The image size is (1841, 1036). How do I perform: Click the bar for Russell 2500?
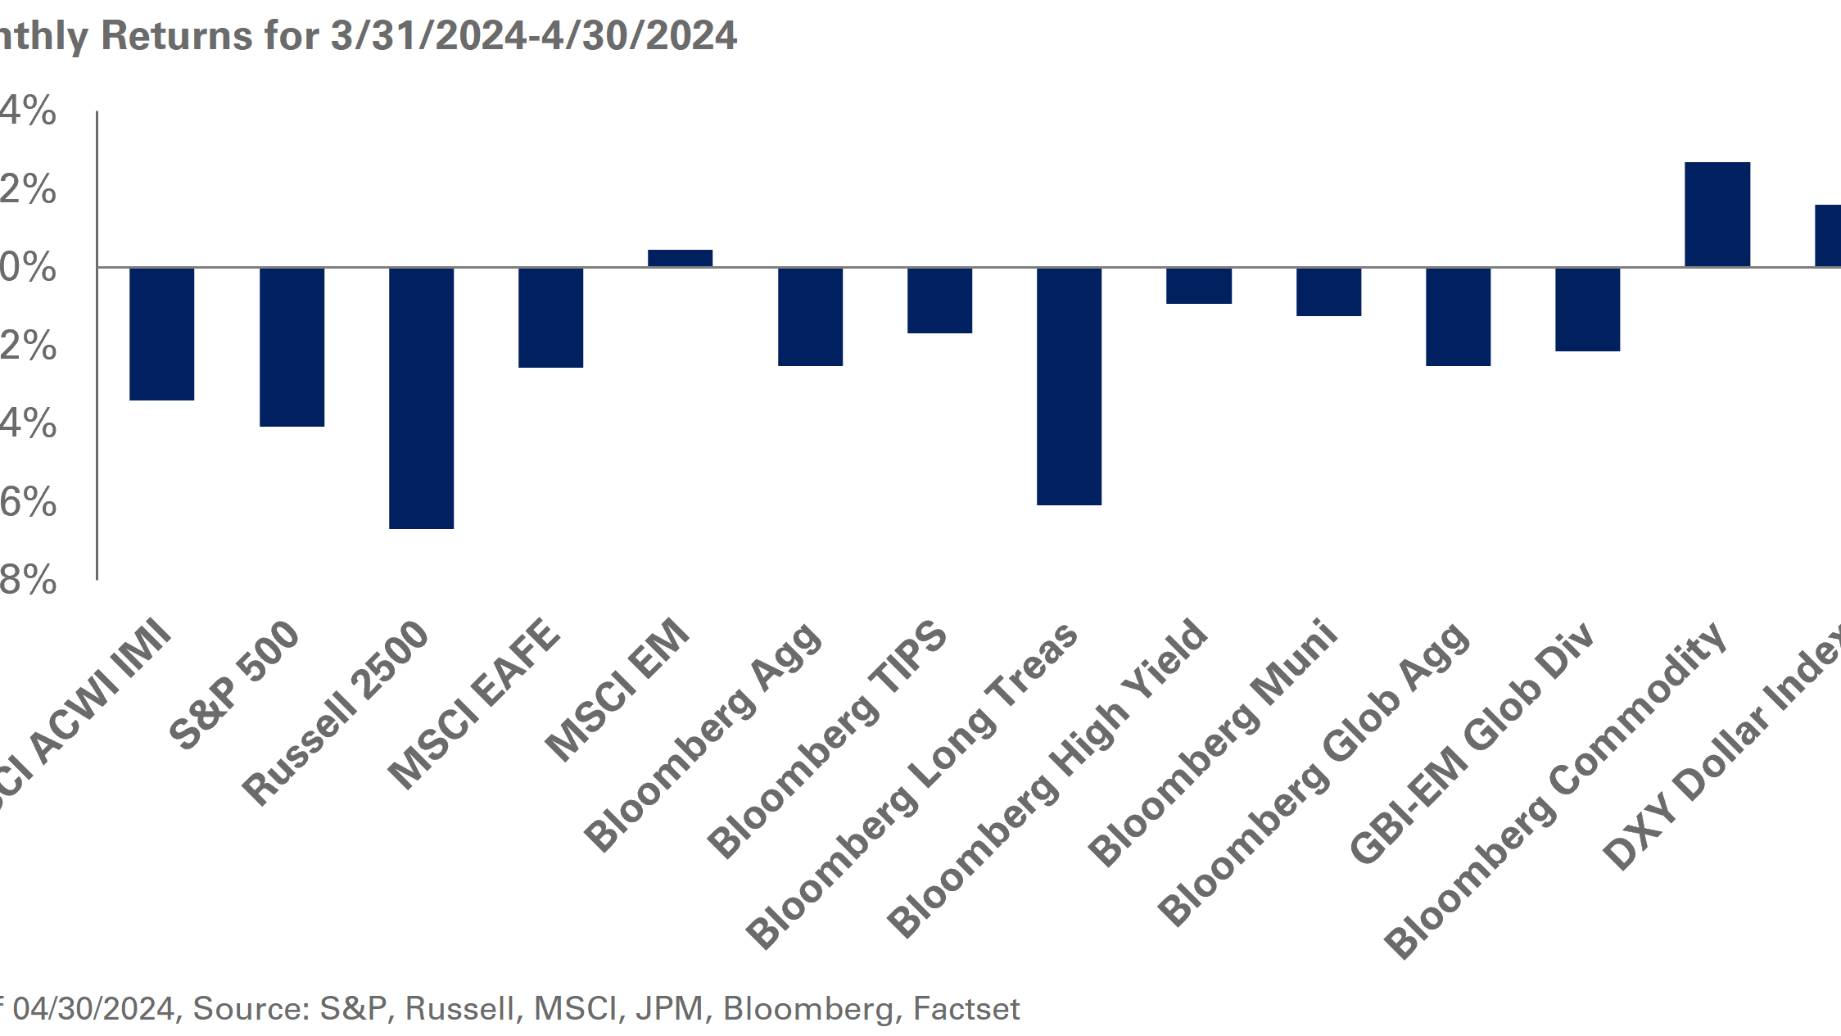tap(421, 398)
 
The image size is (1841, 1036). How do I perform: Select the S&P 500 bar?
tap(292, 346)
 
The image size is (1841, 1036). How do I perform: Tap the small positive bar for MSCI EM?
tap(680, 258)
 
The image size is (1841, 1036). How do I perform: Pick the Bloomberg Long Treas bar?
tap(1069, 386)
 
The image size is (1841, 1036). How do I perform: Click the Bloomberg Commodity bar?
tap(1717, 215)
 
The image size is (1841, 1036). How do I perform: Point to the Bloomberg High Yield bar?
tap(1198, 286)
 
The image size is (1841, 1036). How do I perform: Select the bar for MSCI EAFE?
tap(550, 318)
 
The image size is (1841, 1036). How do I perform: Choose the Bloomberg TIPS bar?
tap(939, 301)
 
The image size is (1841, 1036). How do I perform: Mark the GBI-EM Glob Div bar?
tap(1587, 310)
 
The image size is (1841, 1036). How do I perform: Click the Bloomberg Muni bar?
tap(1328, 292)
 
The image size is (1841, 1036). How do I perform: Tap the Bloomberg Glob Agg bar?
tap(1458, 317)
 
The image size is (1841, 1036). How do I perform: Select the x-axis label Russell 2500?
tap(336, 712)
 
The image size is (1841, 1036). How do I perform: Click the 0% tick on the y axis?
tap(28, 268)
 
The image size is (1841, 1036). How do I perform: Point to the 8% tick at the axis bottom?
tap(28, 581)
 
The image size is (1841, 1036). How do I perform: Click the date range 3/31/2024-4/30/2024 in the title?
tap(533, 36)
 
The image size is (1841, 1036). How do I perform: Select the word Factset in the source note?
tap(966, 1009)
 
